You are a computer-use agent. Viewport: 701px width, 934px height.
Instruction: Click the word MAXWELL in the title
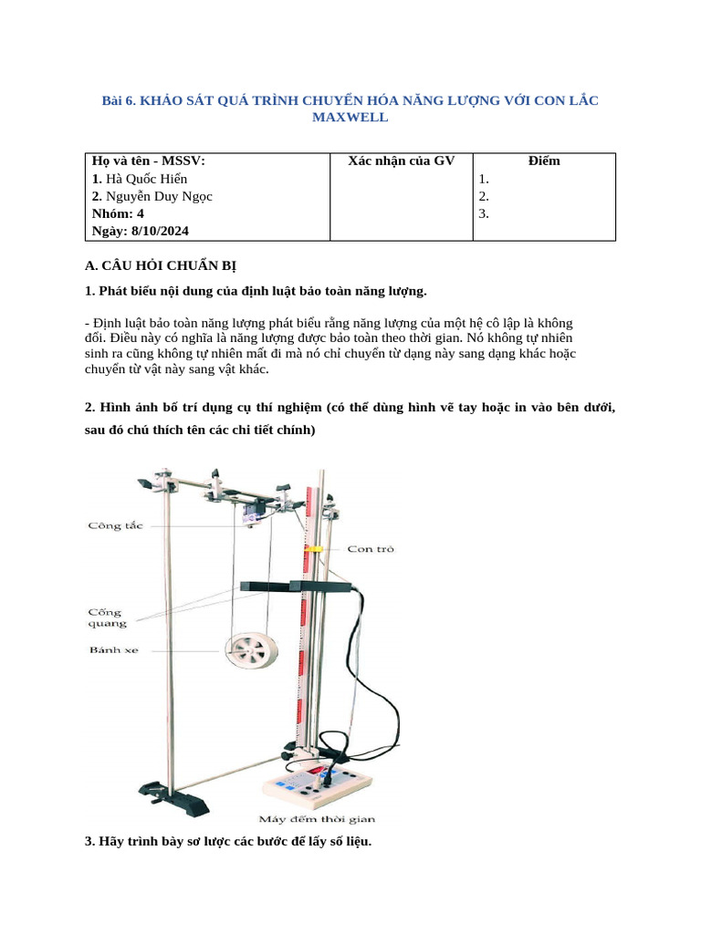350,118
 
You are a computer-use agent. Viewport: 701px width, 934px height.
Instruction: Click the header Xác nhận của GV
401,161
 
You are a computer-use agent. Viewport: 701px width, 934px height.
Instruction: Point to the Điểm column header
544,161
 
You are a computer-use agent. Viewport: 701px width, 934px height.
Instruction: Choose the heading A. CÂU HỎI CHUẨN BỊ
160,265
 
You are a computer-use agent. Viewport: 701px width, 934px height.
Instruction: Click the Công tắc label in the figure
115,525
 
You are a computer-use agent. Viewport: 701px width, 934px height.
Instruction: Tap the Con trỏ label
371,549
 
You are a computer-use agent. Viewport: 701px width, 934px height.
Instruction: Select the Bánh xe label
114,650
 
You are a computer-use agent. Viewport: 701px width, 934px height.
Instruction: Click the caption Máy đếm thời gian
319,818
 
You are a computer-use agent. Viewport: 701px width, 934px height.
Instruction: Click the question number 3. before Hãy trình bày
89,841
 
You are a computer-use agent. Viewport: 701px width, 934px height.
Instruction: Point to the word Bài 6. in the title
118,100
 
